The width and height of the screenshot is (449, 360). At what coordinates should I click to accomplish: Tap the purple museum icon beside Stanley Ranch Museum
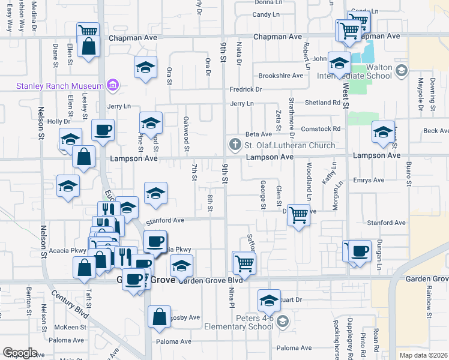coord(112,85)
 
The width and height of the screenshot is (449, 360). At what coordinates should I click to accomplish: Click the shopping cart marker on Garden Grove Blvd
coord(244,262)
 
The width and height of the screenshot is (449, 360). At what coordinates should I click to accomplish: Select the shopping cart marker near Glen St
coord(298,214)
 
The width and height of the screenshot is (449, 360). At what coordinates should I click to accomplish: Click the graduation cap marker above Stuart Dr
coord(269,300)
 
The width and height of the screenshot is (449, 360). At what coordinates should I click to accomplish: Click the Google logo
coord(20,353)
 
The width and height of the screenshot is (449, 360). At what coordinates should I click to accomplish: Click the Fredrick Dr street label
coord(246,89)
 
